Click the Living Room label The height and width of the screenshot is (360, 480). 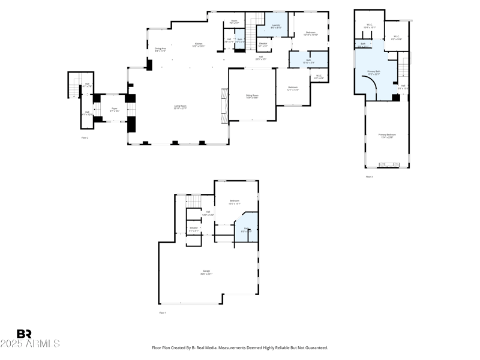tap(180, 107)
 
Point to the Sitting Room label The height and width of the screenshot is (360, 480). tap(252, 96)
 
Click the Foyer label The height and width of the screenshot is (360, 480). tap(114, 110)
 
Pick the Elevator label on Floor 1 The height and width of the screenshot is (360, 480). tap(194, 229)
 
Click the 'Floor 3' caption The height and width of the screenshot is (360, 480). tap(369, 176)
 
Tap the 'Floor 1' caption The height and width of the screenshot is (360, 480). tap(163, 313)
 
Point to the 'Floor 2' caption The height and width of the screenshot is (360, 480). tap(85, 137)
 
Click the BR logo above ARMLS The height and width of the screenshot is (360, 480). tap(24, 334)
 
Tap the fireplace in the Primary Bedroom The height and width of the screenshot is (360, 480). tap(387, 164)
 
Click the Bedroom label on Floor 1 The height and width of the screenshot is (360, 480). tap(234, 202)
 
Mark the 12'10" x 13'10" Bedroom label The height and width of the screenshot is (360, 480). tap(310, 34)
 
